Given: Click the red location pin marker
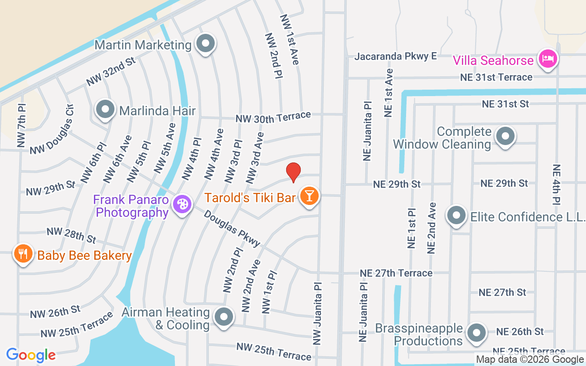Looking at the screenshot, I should pos(293,172).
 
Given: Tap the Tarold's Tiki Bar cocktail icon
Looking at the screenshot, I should pos(309,196).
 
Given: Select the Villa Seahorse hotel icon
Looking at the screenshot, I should pos(547,59).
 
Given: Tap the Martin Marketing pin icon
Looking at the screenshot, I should pos(206,43).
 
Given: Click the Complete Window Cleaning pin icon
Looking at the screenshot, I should pos(505,135).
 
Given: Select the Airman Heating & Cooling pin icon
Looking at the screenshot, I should pos(224,316).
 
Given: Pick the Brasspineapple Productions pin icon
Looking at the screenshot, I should pos(477,333).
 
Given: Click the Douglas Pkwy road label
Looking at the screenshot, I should pos(232,228).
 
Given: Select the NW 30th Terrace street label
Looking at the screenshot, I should pos(273,118).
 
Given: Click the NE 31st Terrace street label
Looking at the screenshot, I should pos(496,77).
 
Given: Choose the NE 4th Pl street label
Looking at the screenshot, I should pos(557,184).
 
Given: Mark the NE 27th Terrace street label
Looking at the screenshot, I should pos(396,273).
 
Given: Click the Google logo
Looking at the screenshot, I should pos(31,355).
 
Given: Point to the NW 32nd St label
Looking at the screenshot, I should pos(111,72).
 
